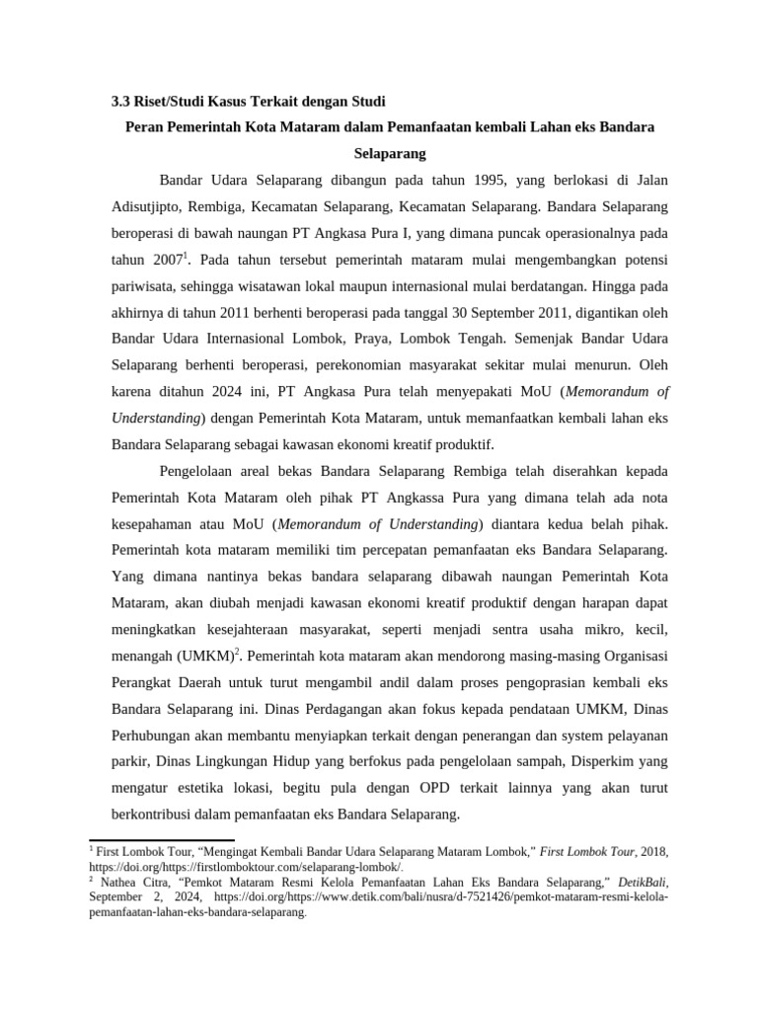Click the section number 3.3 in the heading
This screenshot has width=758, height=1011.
(118, 102)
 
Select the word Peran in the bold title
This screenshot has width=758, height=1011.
(146, 128)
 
